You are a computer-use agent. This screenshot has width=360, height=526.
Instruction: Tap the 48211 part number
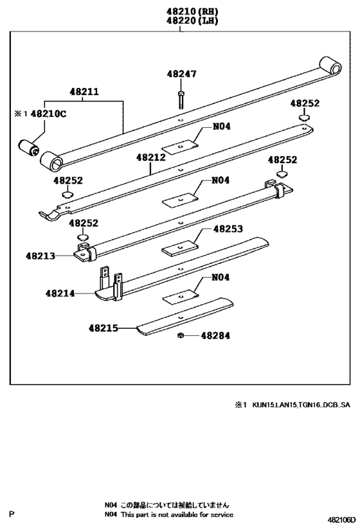tap(84, 92)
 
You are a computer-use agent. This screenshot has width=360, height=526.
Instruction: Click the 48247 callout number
tap(182, 75)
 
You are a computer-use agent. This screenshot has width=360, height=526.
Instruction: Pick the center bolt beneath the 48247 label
tap(182, 99)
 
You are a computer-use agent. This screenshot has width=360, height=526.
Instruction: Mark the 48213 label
tap(40, 255)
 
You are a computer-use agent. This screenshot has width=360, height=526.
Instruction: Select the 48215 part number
tap(103, 328)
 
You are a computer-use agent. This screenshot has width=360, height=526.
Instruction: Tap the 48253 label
tap(228, 228)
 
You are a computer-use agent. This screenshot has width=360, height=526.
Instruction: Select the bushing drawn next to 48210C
tap(31, 147)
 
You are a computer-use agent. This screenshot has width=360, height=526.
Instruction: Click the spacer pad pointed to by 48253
tap(179, 247)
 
